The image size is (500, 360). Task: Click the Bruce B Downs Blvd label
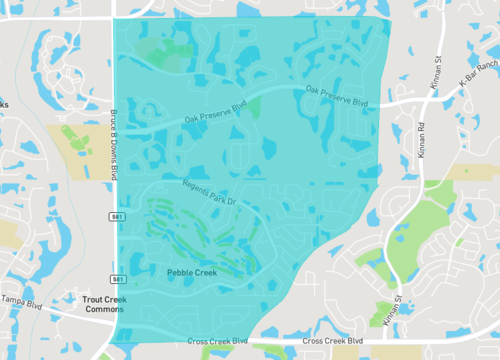tap(114, 144)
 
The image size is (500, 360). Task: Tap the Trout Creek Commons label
tap(103, 304)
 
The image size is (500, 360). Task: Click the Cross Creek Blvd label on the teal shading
tap(217, 341)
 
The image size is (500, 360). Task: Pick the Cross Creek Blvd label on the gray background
tap(333, 341)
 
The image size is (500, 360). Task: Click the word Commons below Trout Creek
tap(103, 310)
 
